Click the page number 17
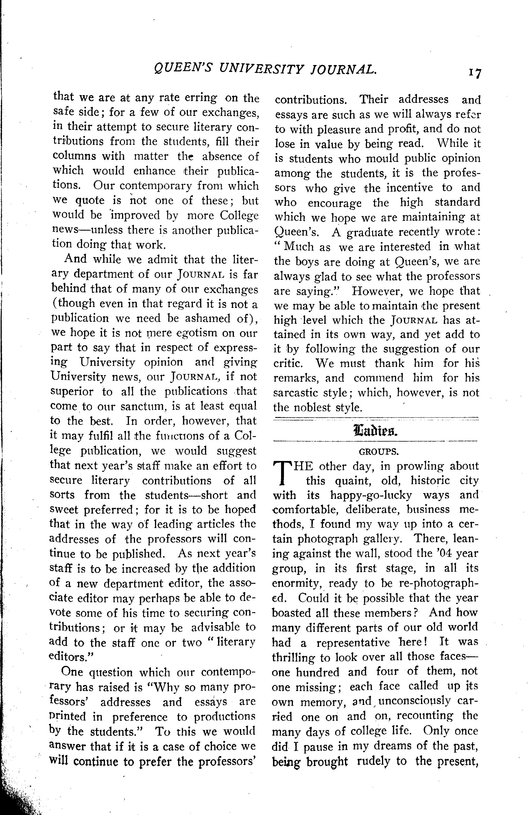click(x=475, y=73)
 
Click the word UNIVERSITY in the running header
click(x=261, y=70)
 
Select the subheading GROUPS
click(x=378, y=452)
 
